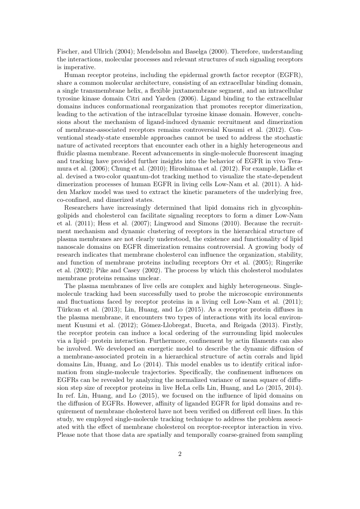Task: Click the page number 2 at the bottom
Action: [x=180, y=454]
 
